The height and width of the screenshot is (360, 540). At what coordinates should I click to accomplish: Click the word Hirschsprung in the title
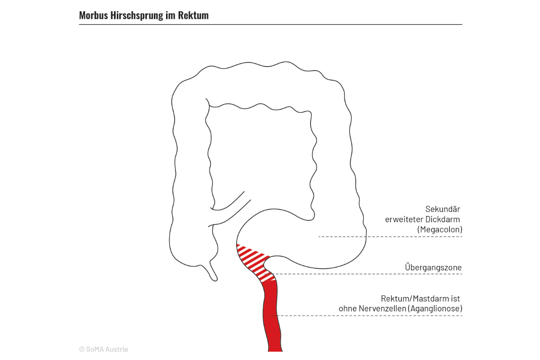[137, 16]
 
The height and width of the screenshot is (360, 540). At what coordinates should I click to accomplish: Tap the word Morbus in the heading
[94, 15]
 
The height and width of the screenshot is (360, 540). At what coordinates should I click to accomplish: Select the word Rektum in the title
[193, 15]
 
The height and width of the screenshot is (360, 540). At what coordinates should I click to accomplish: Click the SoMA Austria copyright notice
[103, 349]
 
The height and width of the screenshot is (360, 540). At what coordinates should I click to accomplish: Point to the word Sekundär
[443, 209]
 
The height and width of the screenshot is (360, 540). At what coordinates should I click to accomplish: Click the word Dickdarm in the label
[443, 219]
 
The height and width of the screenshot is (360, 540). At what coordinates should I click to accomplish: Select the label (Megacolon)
[440, 229]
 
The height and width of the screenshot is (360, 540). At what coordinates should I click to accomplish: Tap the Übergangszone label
[433, 267]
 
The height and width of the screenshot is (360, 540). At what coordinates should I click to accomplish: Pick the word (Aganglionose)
[435, 308]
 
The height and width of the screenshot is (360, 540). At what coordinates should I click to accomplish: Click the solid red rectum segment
[272, 316]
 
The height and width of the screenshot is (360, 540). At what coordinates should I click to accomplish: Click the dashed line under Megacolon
[390, 237]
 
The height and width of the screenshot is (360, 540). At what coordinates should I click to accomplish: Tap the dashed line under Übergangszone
[363, 274]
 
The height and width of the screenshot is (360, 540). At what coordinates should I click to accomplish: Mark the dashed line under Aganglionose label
[366, 315]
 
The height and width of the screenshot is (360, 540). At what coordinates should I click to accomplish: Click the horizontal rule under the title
[270, 24]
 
